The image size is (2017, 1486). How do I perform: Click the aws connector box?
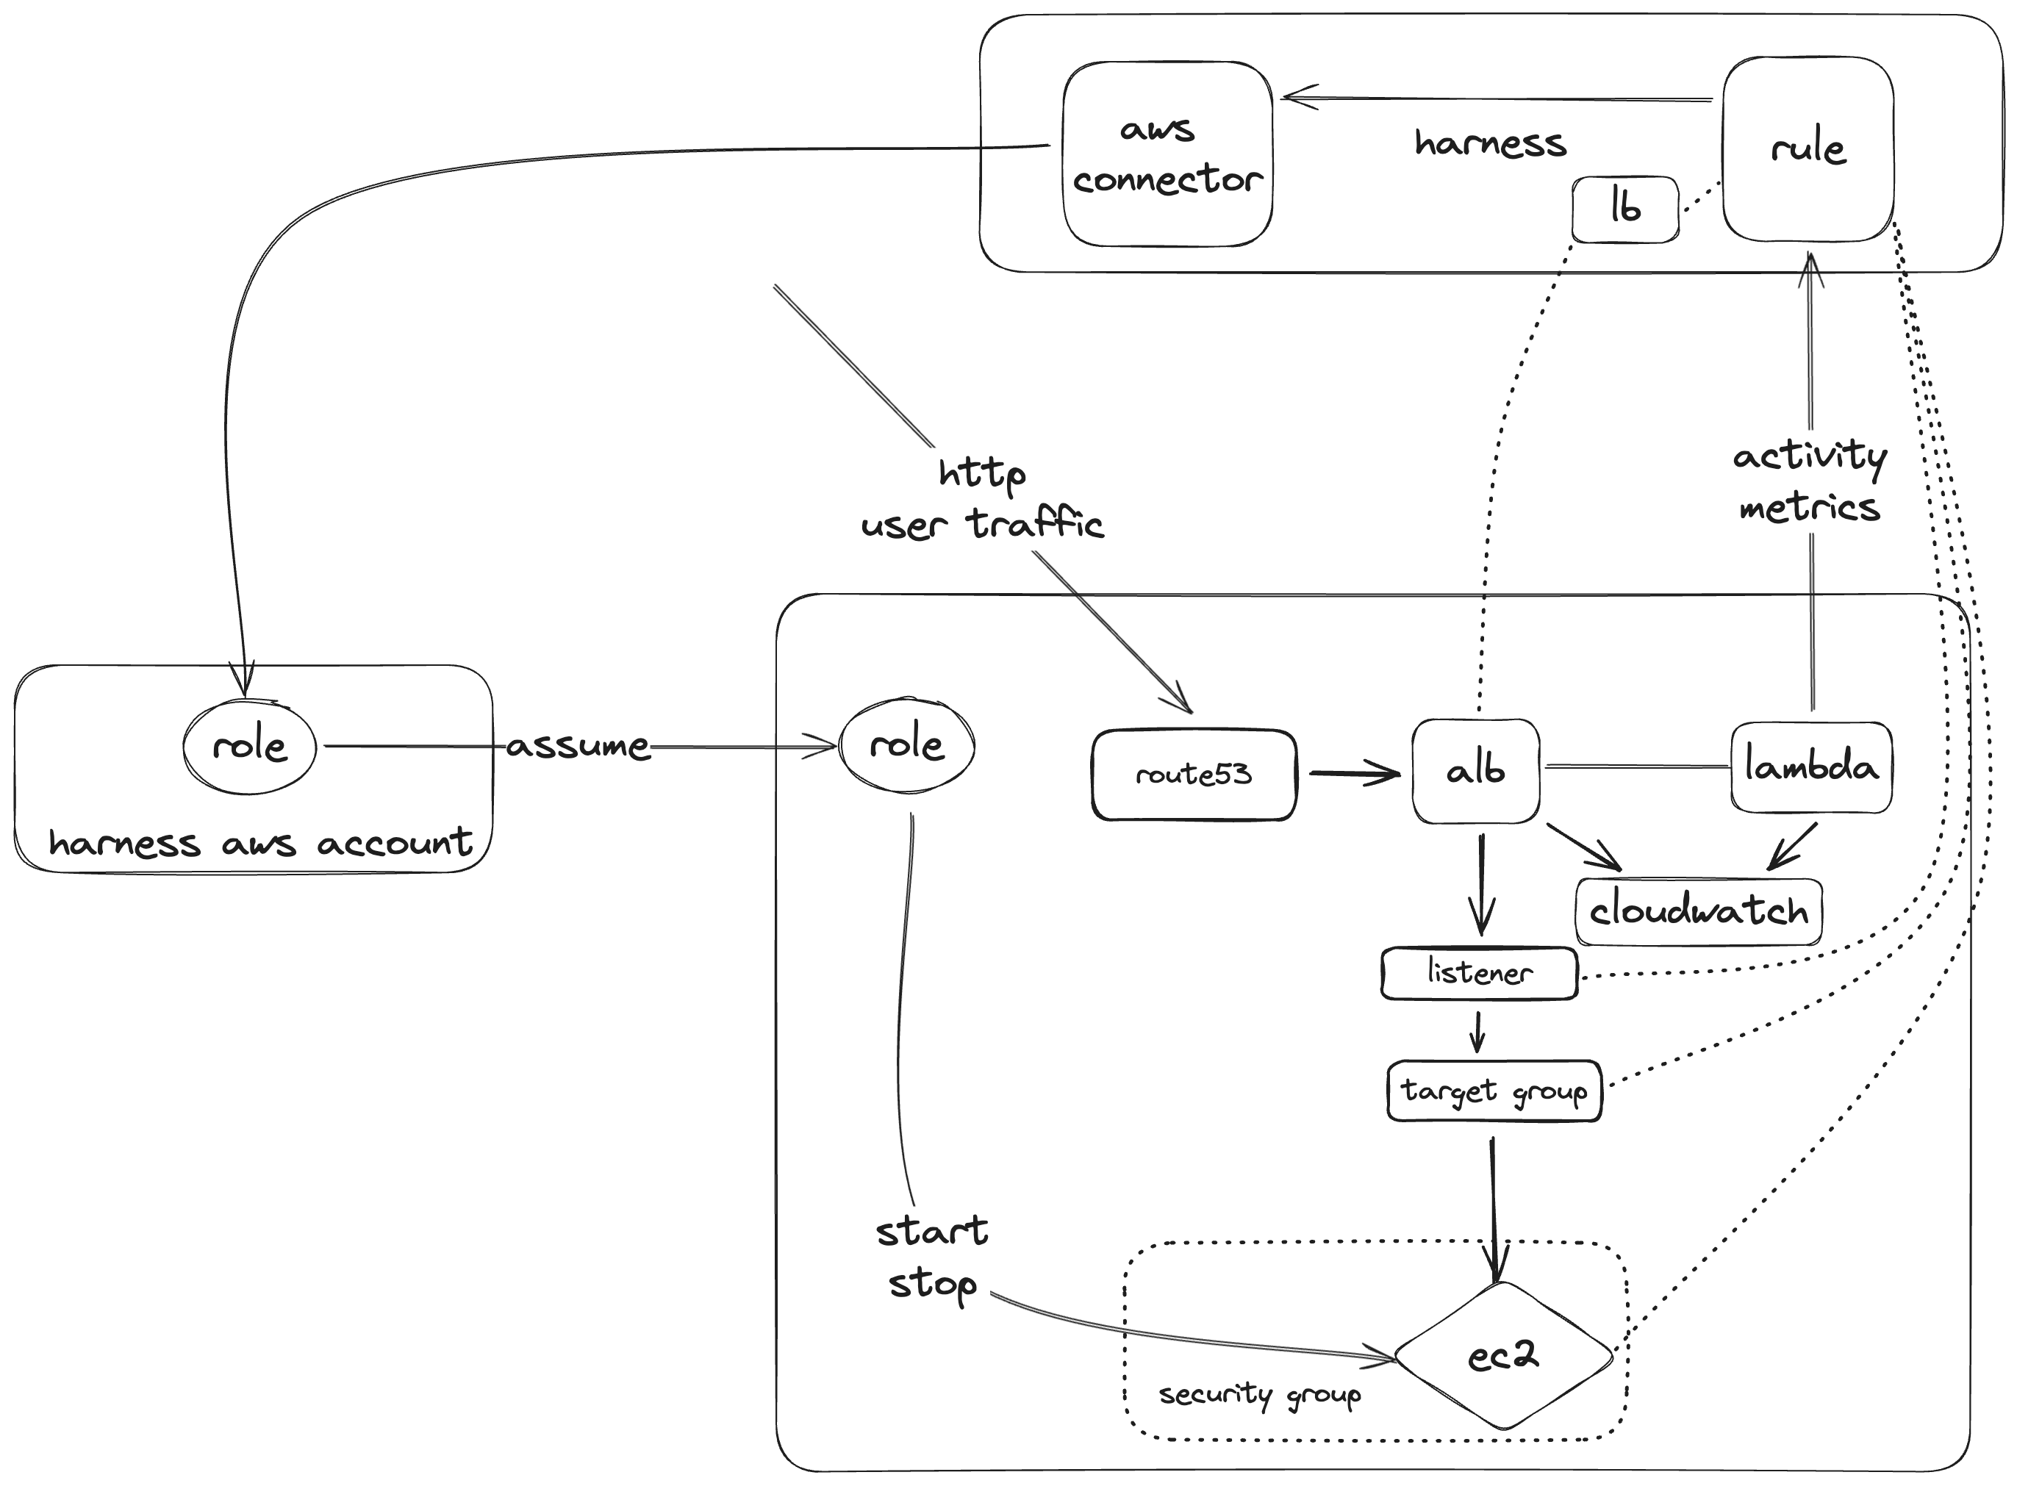(x=1167, y=154)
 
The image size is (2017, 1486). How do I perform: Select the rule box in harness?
(x=1808, y=149)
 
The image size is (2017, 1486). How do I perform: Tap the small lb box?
(x=1624, y=209)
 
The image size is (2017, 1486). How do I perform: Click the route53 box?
(x=1194, y=775)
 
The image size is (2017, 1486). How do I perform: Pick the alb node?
(x=1475, y=771)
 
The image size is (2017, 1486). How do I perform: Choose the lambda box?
(x=1811, y=767)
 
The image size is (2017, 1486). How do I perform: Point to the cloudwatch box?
(x=1699, y=912)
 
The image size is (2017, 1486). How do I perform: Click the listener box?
(x=1479, y=973)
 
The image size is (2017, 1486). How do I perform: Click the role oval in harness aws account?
(x=249, y=747)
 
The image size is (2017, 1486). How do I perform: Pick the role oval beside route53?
(x=906, y=744)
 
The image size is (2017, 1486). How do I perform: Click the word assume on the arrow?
(x=578, y=747)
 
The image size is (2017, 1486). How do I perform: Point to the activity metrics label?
(x=1809, y=482)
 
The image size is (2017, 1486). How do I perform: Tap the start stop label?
(x=932, y=1257)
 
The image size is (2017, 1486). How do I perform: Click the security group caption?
(x=1259, y=1395)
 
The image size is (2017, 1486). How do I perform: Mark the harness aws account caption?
(x=260, y=844)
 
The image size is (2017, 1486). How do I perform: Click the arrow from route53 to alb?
(x=1354, y=772)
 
